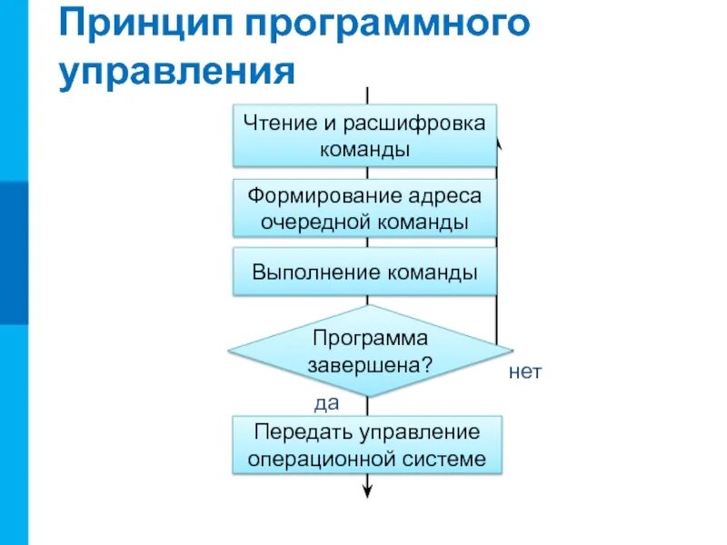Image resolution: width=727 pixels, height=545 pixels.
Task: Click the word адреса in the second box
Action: pyautogui.click(x=444, y=194)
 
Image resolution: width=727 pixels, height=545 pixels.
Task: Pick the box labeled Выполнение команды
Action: pyautogui.click(x=365, y=272)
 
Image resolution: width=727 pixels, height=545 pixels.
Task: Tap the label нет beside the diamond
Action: pyautogui.click(x=525, y=372)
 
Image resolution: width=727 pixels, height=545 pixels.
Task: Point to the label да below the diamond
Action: pyautogui.click(x=326, y=401)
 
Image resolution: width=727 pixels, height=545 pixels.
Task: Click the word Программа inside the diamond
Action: pyautogui.click(x=370, y=338)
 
